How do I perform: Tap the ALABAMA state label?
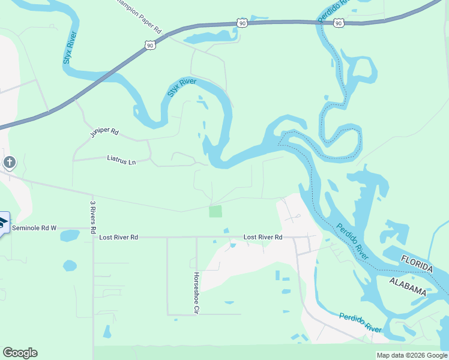pos(408,286)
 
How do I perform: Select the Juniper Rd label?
pos(105,132)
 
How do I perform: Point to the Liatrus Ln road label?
pos(122,161)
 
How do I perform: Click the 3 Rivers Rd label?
pos(93,217)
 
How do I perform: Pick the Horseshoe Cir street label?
pos(196,293)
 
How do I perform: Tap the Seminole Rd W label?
pos(34,228)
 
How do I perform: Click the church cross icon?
pos(9,162)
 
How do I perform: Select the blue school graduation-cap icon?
pos(2,223)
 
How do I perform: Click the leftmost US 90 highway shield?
pos(150,45)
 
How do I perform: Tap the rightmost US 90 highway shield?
pos(339,23)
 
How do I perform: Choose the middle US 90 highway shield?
pos(241,22)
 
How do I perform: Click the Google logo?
pos(20,353)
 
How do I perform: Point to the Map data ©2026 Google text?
pos(411,355)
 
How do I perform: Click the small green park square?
pos(215,211)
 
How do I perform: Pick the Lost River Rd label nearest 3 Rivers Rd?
pos(119,238)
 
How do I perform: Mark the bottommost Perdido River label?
pos(360,323)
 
